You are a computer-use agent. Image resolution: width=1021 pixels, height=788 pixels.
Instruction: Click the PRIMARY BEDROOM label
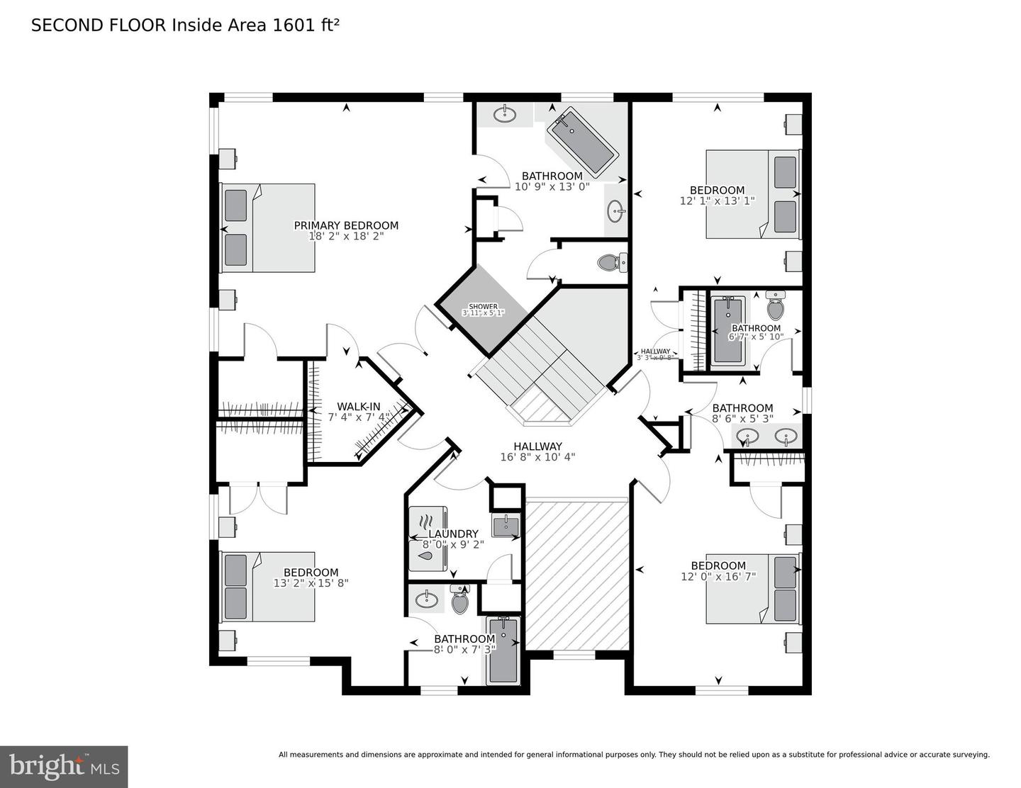pyautogui.click(x=346, y=225)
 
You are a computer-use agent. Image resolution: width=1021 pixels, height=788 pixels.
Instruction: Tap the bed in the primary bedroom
pyautogui.click(x=268, y=227)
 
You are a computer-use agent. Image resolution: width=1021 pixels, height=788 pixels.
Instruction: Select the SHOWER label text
pyautogui.click(x=483, y=307)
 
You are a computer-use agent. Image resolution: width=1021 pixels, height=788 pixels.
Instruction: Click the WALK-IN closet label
pyautogui.click(x=358, y=407)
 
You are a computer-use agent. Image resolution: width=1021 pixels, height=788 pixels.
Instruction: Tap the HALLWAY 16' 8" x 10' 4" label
pyautogui.click(x=537, y=451)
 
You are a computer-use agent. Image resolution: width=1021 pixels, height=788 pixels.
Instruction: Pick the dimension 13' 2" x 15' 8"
pyautogui.click(x=311, y=583)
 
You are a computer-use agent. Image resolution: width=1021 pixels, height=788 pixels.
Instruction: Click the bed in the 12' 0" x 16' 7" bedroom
pyautogui.click(x=753, y=589)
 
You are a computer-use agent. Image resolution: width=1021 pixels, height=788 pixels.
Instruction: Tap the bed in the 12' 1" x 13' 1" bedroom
pyautogui.click(x=753, y=193)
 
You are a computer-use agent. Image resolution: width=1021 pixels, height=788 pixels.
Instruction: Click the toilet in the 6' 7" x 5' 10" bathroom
pyautogui.click(x=776, y=307)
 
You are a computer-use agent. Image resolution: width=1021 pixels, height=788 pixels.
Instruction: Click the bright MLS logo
pyautogui.click(x=64, y=767)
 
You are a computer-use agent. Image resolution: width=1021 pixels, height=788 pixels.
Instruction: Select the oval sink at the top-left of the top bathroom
pyautogui.click(x=505, y=115)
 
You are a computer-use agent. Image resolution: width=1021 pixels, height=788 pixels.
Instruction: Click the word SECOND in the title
pyautogui.click(x=65, y=26)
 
